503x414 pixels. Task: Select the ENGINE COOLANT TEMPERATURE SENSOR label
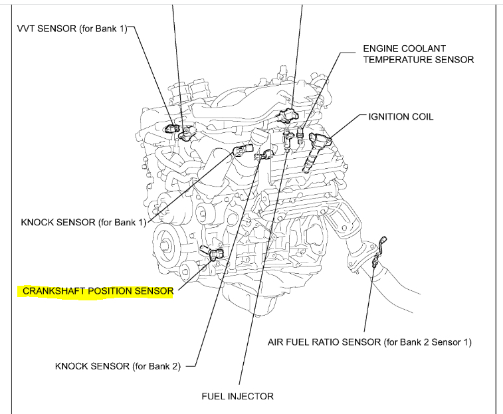(418, 54)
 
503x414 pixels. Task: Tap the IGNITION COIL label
(401, 116)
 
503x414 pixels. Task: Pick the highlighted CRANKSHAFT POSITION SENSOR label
(98, 291)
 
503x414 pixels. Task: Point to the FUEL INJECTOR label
(237, 396)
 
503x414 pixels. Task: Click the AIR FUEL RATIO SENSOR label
(369, 342)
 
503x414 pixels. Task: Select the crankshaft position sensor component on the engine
(215, 253)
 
